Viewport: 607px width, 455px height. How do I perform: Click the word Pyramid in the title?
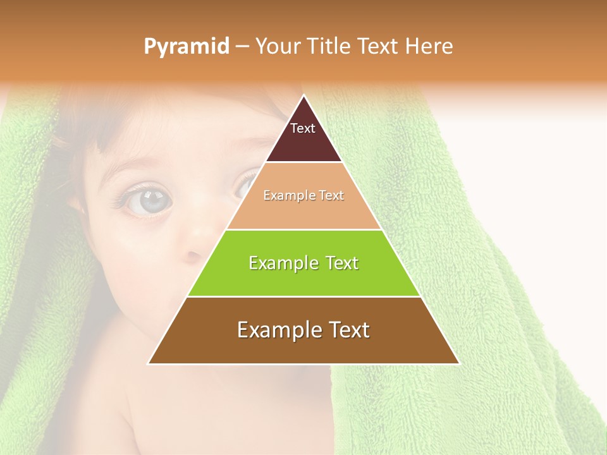point(186,47)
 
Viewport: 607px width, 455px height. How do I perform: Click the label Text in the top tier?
point(303,128)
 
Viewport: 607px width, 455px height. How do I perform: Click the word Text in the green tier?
point(339,263)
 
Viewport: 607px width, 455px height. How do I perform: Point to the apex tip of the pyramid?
point(304,95)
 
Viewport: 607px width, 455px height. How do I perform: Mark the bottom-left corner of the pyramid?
point(149,363)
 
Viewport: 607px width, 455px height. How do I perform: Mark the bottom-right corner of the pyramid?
point(458,363)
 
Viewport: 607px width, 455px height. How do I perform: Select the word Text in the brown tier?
point(348,330)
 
